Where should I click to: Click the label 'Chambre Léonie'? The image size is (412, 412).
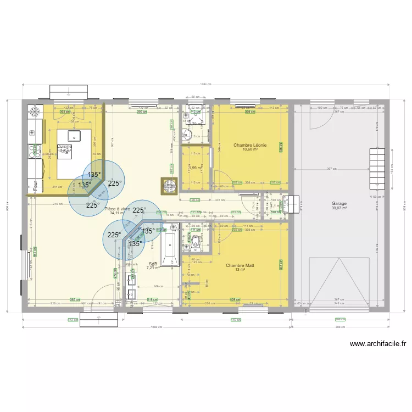pyautogui.click(x=250, y=145)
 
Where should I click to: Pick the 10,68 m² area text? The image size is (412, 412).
pyautogui.click(x=250, y=149)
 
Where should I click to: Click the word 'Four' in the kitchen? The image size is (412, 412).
pyautogui.click(x=35, y=183)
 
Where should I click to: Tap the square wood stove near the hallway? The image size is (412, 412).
pyautogui.click(x=168, y=186)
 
